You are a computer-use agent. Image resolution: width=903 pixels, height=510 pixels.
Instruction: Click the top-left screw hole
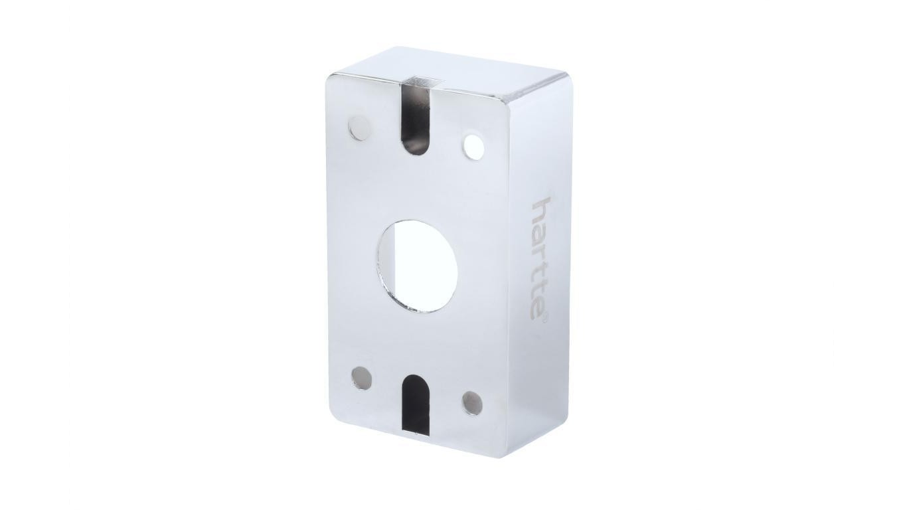359,127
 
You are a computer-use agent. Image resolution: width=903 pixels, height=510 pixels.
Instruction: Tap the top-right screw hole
473,146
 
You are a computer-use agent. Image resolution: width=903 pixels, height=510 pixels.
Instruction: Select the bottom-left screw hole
362,378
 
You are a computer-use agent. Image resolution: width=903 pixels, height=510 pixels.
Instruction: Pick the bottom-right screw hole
472,403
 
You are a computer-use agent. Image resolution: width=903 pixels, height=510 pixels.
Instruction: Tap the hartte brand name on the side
539,258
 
